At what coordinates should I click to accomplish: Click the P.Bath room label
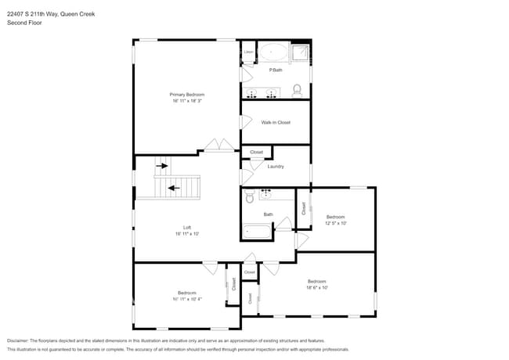(276, 70)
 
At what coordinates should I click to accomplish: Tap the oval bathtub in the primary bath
(273, 53)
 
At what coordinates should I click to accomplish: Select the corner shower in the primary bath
(301, 52)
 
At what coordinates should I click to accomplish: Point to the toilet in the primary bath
(297, 90)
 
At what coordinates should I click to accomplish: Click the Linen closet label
(248, 52)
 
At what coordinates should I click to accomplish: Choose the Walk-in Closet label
(276, 122)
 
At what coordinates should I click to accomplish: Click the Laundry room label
(276, 166)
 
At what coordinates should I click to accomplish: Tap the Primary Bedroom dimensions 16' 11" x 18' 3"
(186, 100)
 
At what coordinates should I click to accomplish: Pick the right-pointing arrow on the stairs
(162, 166)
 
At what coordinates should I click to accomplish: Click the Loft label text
(187, 228)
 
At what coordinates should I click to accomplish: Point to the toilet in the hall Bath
(249, 196)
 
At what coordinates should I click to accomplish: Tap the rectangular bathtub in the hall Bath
(257, 231)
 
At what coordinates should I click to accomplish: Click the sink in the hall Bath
(265, 191)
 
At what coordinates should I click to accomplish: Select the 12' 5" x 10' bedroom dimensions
(335, 223)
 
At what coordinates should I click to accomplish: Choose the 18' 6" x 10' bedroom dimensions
(316, 287)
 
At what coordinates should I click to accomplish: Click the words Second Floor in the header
(24, 23)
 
